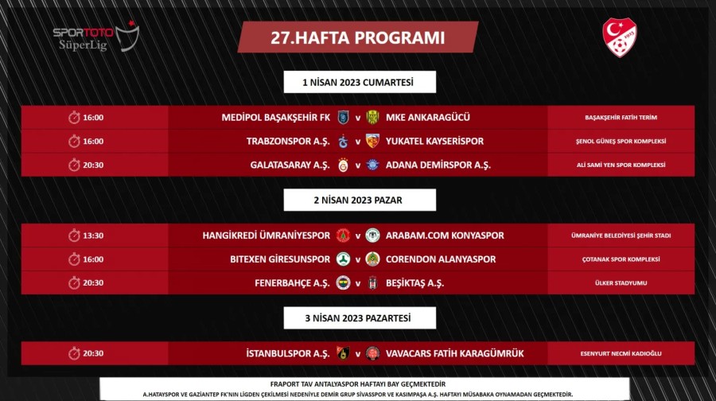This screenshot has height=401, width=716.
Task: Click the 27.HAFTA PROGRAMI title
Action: [357, 37]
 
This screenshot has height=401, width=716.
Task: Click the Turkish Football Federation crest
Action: [620, 37]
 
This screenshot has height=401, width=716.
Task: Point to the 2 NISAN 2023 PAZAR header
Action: [360, 200]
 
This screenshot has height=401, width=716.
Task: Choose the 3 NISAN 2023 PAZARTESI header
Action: [360, 317]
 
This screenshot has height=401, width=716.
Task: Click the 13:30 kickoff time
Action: [93, 236]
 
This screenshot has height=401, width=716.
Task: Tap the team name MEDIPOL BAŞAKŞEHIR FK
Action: [275, 118]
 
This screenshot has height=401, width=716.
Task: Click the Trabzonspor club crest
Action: [344, 142]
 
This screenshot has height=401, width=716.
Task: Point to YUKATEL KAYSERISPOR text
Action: [434, 142]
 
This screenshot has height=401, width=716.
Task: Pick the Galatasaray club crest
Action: [344, 165]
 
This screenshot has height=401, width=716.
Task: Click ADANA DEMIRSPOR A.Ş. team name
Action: [438, 165]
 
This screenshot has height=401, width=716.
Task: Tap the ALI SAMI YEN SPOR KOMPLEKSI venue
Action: [621, 165]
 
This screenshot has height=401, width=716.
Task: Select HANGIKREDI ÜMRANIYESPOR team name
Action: [266, 236]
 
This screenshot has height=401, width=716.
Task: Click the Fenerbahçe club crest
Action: [344, 282]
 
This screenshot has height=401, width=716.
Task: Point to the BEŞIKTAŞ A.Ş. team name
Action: [414, 282]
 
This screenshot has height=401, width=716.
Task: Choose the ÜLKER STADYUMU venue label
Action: [621, 282]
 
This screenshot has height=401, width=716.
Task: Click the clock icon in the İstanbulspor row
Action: [74, 353]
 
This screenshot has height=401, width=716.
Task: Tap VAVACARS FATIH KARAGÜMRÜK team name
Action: [455, 353]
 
